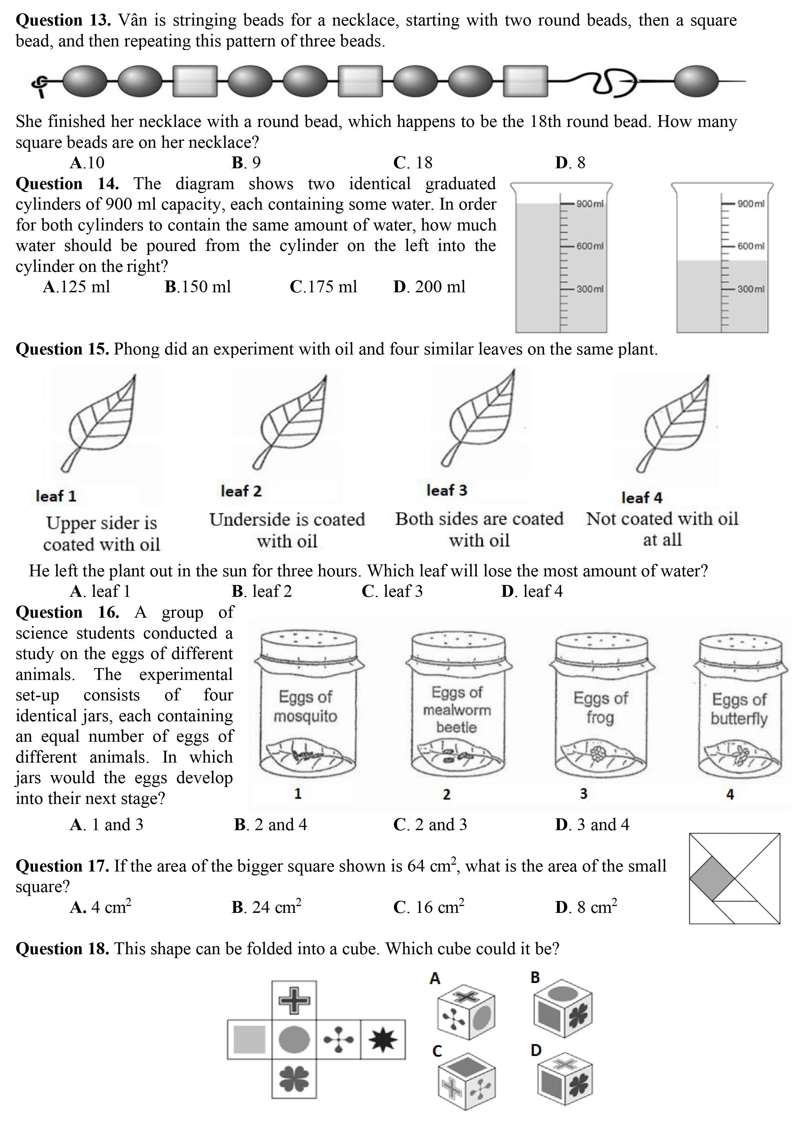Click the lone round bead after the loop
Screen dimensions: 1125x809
point(696,81)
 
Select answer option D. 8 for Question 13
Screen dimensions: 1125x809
point(570,163)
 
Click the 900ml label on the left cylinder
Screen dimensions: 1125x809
point(590,204)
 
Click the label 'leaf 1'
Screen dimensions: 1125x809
point(56,496)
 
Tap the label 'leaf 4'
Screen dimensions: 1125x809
point(642,498)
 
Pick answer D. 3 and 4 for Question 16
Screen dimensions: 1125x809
point(592,824)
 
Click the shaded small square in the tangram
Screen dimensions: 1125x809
point(712,878)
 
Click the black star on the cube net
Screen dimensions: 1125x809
point(383,1039)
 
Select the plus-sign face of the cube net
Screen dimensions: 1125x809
point(294,1000)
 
